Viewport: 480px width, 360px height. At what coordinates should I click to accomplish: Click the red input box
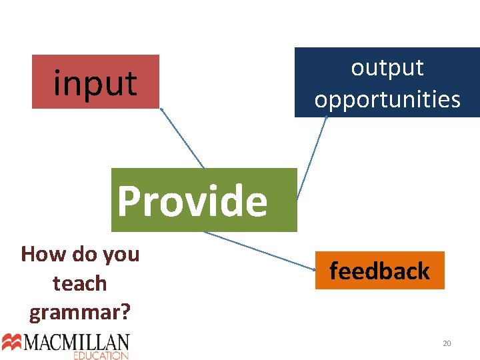point(95,81)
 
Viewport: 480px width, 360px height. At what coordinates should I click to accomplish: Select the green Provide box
point(203,200)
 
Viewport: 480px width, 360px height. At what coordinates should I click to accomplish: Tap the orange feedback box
point(379,270)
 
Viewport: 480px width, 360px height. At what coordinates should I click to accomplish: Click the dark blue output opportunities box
point(387,83)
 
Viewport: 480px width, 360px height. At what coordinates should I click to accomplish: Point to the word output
point(387,67)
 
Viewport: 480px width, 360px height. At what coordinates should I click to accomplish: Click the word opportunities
point(387,99)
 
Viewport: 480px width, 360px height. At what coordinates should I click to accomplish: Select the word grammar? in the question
point(80,311)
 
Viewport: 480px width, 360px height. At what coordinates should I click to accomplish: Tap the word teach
point(80,283)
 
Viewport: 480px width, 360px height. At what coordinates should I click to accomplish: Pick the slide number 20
point(447,343)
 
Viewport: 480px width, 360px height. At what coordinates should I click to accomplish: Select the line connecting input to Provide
point(181,138)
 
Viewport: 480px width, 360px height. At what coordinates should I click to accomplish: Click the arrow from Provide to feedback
point(260,250)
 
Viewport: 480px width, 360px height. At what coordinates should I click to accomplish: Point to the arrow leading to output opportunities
point(312,157)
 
